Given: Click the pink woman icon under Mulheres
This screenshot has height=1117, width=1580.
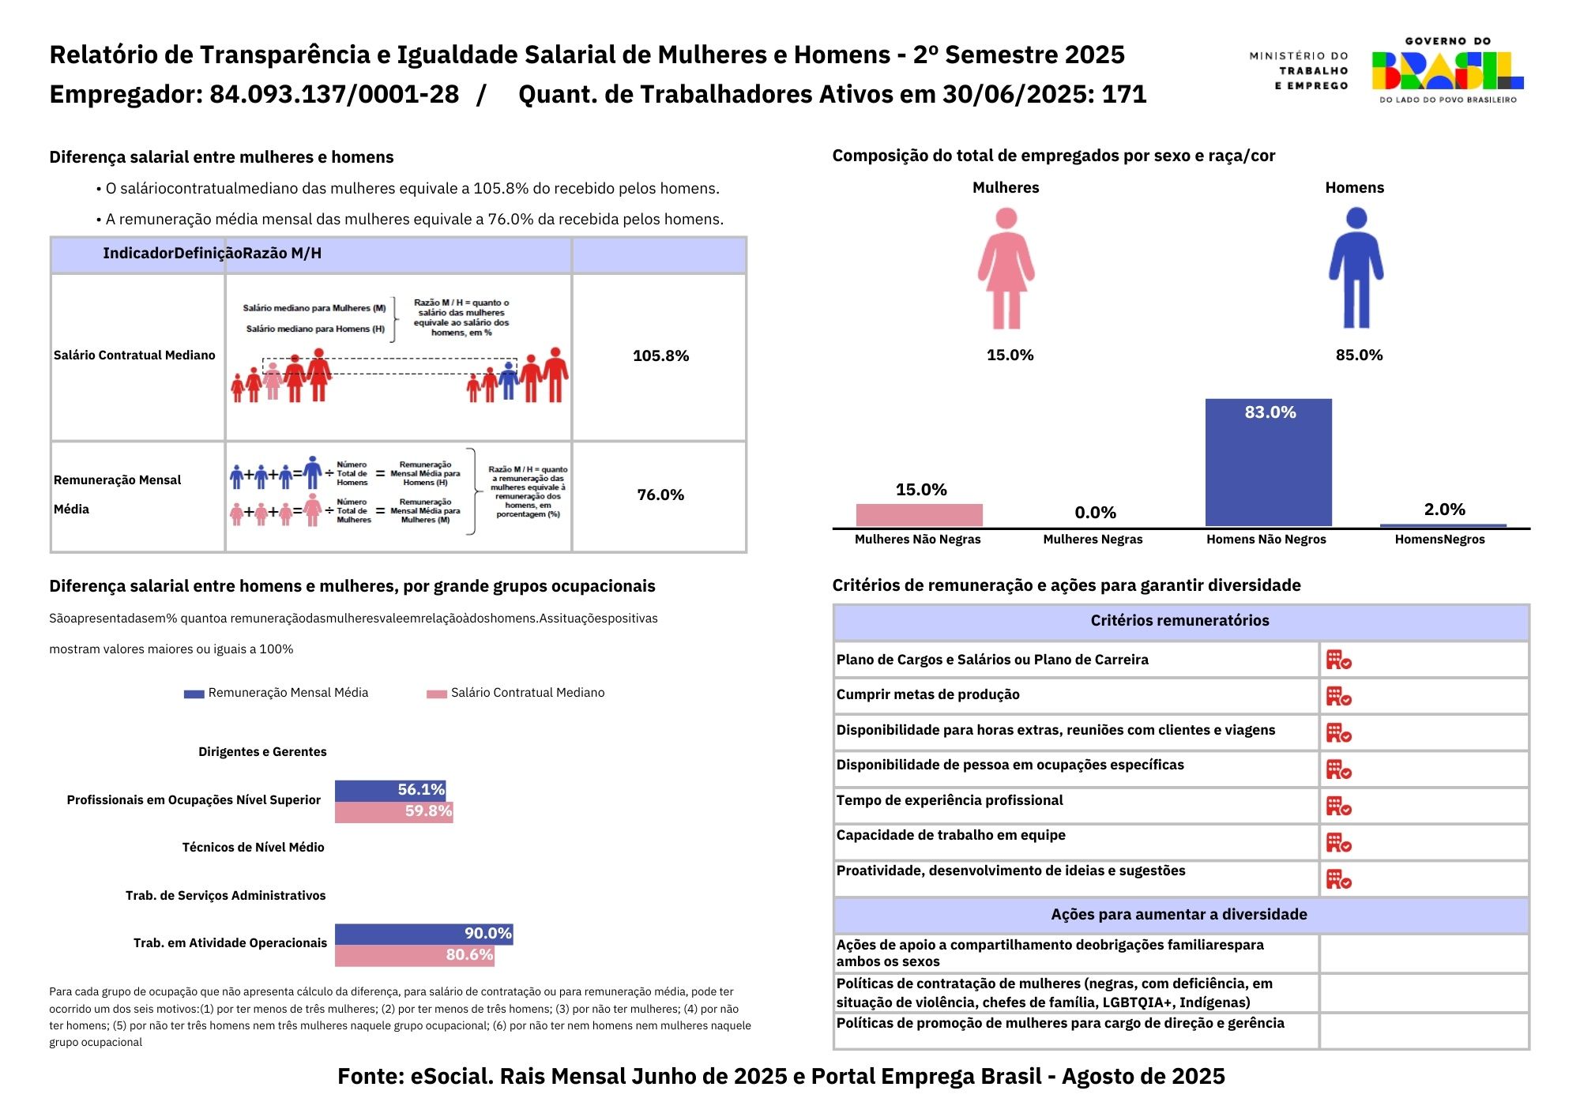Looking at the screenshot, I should click(x=1006, y=268).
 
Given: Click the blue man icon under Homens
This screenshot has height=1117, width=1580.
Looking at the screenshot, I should click(x=1356, y=268).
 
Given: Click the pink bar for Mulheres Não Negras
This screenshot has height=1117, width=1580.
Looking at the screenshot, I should click(x=919, y=515).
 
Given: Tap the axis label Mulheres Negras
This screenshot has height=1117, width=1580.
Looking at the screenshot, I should click(x=1093, y=540).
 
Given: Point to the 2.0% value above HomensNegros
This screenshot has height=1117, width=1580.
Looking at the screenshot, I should click(x=1444, y=510).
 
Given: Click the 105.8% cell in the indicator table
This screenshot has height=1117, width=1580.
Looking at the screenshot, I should click(x=660, y=356).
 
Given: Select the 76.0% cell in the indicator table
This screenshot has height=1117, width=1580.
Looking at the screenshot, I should click(x=660, y=495).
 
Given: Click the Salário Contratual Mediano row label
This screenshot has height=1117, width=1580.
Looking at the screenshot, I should click(x=134, y=355).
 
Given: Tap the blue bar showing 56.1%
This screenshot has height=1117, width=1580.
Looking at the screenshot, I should click(x=389, y=790).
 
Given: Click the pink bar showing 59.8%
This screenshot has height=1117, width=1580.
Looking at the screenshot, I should click(x=393, y=812).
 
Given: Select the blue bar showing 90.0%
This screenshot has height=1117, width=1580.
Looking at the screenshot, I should click(x=423, y=934).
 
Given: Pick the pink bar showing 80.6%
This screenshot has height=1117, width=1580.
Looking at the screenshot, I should click(x=414, y=956).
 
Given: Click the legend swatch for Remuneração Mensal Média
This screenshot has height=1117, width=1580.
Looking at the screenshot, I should click(x=194, y=694).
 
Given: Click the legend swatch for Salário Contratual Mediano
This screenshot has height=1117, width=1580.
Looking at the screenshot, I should click(x=436, y=694).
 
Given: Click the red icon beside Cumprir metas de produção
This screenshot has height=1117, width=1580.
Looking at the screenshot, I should click(x=1338, y=696).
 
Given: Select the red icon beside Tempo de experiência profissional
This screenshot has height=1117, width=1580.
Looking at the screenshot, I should click(x=1338, y=806).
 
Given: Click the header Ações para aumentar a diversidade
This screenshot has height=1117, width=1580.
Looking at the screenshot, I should click(x=1179, y=915).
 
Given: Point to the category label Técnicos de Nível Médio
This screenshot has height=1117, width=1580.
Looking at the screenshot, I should click(x=253, y=848).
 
